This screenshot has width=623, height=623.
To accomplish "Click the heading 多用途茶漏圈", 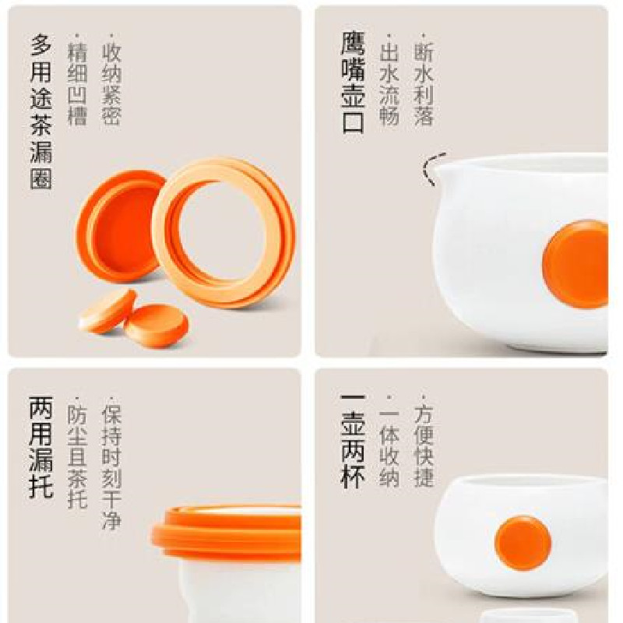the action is tap(41, 111).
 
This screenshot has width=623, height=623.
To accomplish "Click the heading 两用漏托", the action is tap(40, 447).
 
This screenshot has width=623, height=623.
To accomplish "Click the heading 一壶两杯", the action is tap(353, 442).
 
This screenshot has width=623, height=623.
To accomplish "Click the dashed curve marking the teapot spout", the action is tap(429, 169).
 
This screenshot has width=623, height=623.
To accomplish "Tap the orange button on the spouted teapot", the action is tap(575, 264).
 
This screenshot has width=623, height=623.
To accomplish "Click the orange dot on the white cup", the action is tap(523, 543).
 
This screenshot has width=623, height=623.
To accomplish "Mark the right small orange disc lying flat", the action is tap(157, 326).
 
